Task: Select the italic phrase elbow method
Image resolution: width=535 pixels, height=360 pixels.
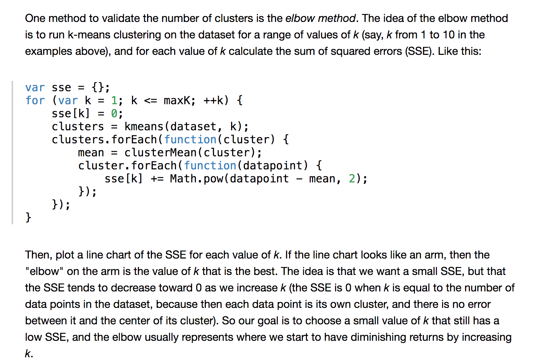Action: pos(320,18)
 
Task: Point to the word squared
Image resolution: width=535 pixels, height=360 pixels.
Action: pos(361,51)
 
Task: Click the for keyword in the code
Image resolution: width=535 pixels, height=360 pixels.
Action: pos(35,100)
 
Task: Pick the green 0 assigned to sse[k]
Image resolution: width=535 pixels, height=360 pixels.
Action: pos(114,113)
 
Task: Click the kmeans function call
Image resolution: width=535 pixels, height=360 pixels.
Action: pos(144,127)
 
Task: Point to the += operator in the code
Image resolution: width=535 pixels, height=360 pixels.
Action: pos(157,179)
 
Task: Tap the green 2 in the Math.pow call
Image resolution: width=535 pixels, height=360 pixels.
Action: pos(352,179)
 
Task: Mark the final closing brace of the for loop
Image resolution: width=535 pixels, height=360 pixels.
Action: pos(28,217)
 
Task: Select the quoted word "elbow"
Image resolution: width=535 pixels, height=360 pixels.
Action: pos(44,271)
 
